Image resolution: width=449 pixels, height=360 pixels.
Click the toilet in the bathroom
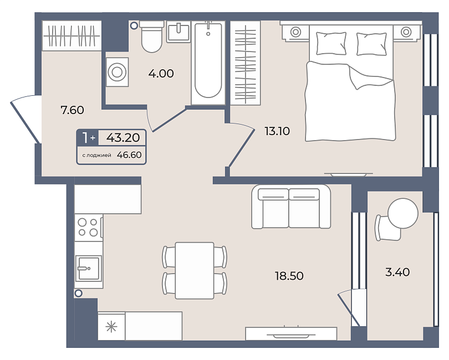[151, 37]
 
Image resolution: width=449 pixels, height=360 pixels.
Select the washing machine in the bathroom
[117, 72]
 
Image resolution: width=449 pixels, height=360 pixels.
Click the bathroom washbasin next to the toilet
[178, 32]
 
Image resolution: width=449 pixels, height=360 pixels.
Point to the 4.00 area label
[161, 74]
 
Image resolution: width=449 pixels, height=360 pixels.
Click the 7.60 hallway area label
[72, 110]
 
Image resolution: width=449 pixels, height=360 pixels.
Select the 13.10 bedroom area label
[277, 131]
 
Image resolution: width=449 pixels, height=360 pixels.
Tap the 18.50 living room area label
[289, 276]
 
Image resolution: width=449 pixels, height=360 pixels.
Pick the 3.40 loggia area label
[397, 272]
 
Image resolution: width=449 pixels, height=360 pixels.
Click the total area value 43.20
[123, 138]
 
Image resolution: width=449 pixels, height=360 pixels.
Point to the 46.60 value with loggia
[129, 155]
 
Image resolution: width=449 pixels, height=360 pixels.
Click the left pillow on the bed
[331, 44]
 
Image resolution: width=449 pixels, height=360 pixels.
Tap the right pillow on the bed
[372, 44]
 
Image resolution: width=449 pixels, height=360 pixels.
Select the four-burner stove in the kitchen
[89, 228]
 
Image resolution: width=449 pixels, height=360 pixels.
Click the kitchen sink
[89, 268]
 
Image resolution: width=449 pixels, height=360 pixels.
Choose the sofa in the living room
[291, 207]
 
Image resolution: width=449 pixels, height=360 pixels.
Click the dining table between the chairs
[195, 270]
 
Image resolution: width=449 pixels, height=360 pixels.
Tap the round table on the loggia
[403, 213]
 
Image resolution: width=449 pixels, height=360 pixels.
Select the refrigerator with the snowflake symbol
[111, 326]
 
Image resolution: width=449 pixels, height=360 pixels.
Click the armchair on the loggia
[387, 228]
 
